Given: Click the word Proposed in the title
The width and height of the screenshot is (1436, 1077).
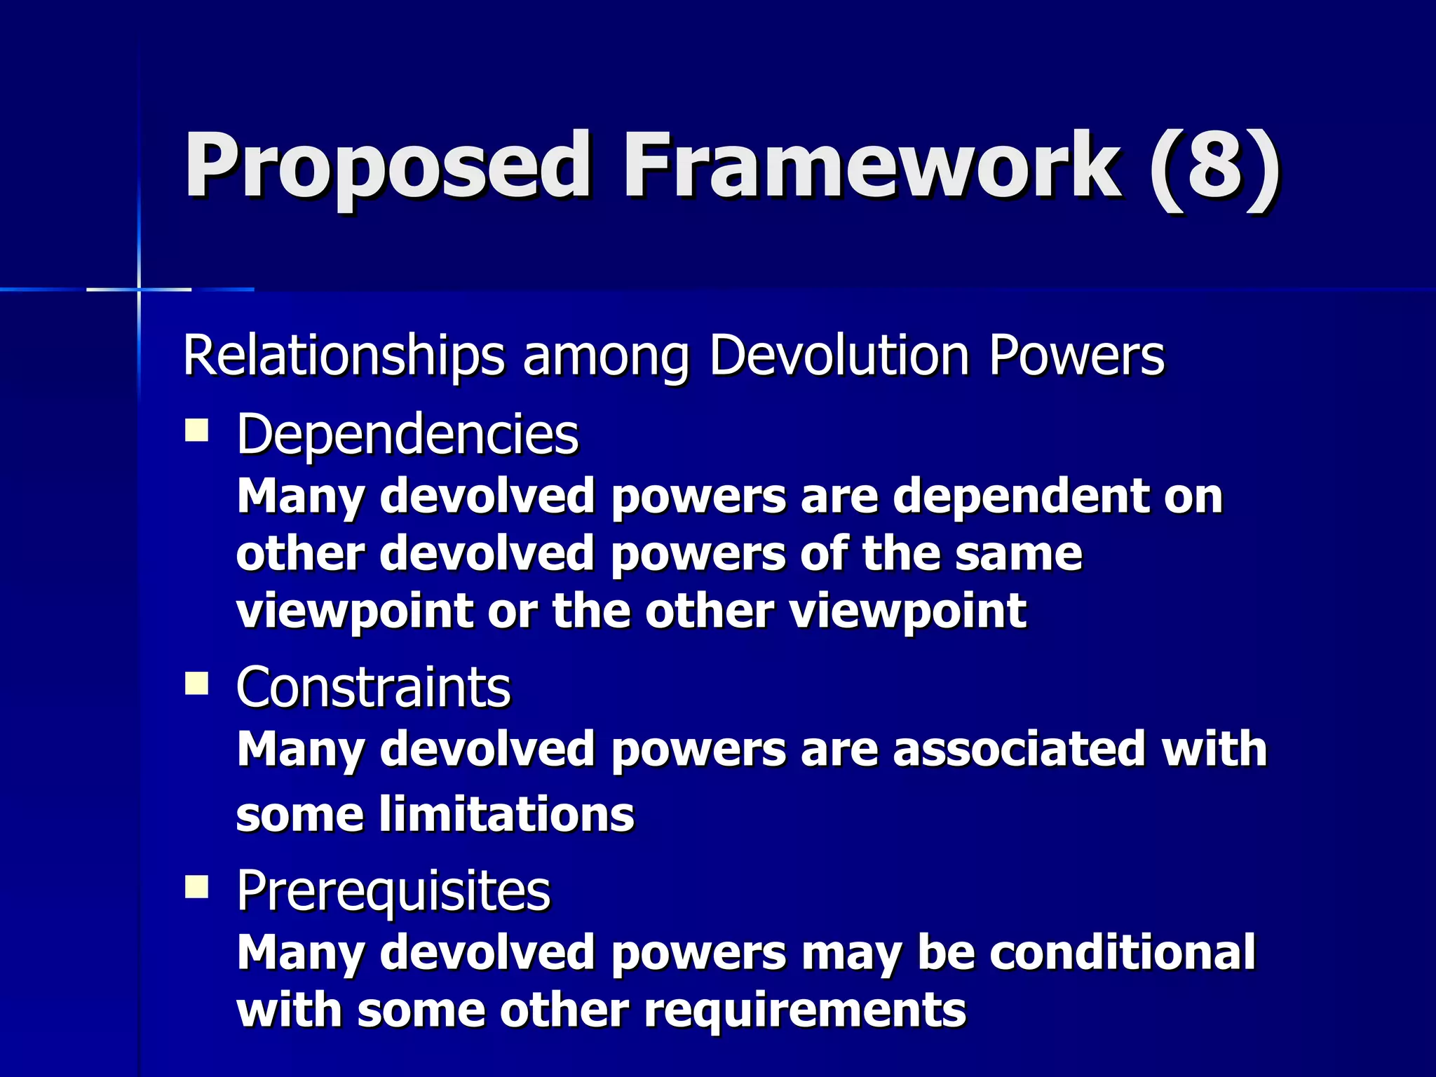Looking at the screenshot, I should pyautogui.click(x=387, y=166).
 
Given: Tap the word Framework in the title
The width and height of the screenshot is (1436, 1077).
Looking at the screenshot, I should pyautogui.click(x=872, y=166).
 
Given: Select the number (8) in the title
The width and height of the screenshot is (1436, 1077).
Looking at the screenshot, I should pyautogui.click(x=1215, y=166).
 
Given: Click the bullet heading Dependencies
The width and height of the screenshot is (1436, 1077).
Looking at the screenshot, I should pyautogui.click(x=407, y=435).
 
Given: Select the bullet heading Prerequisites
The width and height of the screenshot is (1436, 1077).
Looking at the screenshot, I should pyautogui.click(x=393, y=891).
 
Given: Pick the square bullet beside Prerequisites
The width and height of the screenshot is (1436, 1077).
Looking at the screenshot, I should pyautogui.click(x=197, y=887).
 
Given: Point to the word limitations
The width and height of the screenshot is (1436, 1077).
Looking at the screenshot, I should pyautogui.click(x=506, y=815).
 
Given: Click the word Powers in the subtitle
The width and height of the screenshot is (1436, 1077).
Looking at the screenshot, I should pyautogui.click(x=1076, y=356).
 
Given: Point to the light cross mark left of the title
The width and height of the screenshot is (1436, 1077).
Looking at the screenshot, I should pyautogui.click(x=139, y=289).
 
